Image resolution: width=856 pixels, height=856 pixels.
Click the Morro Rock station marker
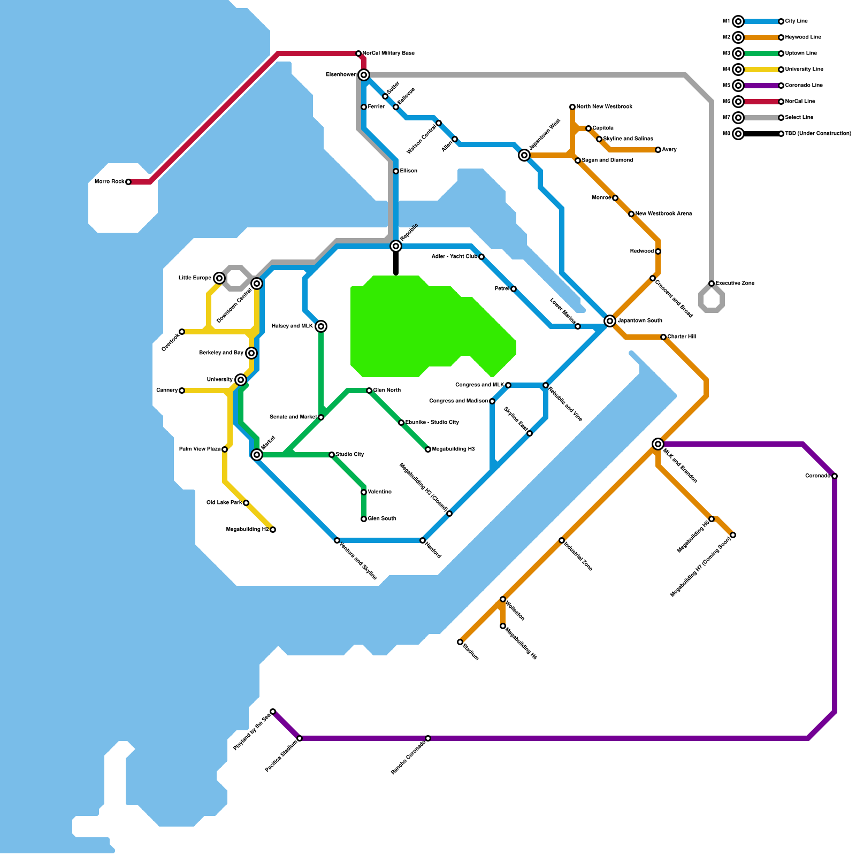coord(128,182)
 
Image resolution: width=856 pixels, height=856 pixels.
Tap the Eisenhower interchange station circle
coord(364,75)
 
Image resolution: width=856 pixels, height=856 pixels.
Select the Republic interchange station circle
coord(396,246)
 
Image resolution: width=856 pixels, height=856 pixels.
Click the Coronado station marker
coord(835,476)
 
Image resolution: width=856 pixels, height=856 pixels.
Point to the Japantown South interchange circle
coord(610,321)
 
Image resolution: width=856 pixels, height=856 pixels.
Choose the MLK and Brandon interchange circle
coord(658,444)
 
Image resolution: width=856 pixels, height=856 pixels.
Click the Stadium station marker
coord(460,642)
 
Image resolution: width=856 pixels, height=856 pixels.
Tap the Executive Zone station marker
coord(712,284)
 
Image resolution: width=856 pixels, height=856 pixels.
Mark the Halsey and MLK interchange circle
coord(321,326)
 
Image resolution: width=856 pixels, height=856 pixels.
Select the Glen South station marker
coord(364,519)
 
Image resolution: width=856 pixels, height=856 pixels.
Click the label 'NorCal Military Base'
coord(388,53)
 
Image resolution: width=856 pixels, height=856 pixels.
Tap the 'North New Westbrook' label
coord(605,107)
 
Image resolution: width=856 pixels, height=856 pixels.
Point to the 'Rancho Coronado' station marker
coord(428,738)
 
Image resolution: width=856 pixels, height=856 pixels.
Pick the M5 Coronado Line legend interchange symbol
coord(738,86)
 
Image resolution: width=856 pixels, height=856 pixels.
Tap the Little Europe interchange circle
coord(219,278)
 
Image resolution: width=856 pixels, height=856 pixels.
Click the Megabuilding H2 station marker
coord(273,530)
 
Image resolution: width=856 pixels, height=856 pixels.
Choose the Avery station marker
coord(658,150)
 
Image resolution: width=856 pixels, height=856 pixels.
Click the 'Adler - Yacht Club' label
coord(454,257)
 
